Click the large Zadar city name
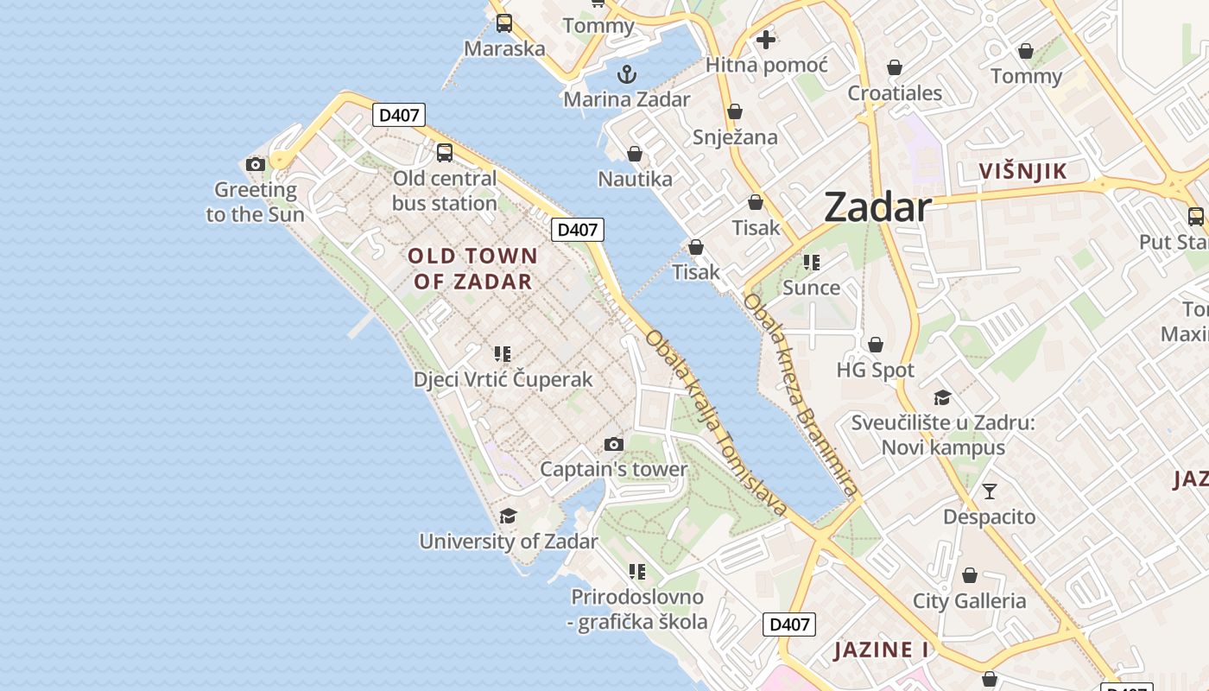pyautogui.click(x=877, y=208)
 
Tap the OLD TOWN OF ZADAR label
pyautogui.click(x=472, y=269)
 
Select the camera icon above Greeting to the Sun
pyautogui.click(x=255, y=164)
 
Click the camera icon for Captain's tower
pyautogui.click(x=613, y=445)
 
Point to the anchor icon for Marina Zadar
pyautogui.click(x=627, y=73)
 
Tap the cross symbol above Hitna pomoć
pyautogui.click(x=765, y=40)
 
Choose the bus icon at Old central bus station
pyautogui.click(x=444, y=153)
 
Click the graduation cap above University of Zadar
pyautogui.click(x=508, y=517)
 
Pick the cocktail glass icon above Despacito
pyautogui.click(x=990, y=491)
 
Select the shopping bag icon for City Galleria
pyautogui.click(x=970, y=575)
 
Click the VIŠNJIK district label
pyautogui.click(x=1023, y=171)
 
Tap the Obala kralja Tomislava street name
pyautogui.click(x=716, y=423)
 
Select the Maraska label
pyautogui.click(x=504, y=48)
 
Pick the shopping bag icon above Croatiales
pyautogui.click(x=895, y=67)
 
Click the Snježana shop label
pyautogui.click(x=735, y=137)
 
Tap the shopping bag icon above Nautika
pyautogui.click(x=635, y=154)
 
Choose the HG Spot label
pyautogui.click(x=875, y=371)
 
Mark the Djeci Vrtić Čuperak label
pyautogui.click(x=503, y=379)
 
